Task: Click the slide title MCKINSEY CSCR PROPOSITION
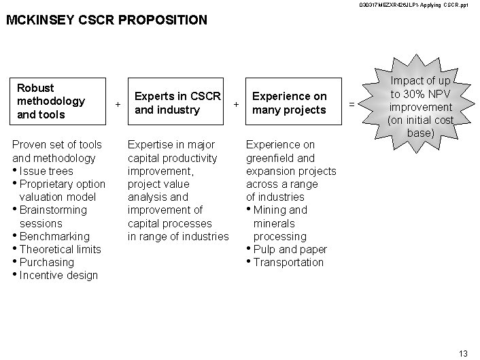106,20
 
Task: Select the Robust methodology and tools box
58,101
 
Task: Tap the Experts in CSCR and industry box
177,103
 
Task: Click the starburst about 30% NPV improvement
419,108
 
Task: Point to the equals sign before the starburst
352,104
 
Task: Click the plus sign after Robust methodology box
118,104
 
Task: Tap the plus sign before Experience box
237,104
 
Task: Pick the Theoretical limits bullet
60,249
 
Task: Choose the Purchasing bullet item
47,262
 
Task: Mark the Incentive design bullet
58,275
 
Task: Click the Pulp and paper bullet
290,249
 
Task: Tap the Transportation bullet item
288,262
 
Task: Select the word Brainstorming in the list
54,210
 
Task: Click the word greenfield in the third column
269,158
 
